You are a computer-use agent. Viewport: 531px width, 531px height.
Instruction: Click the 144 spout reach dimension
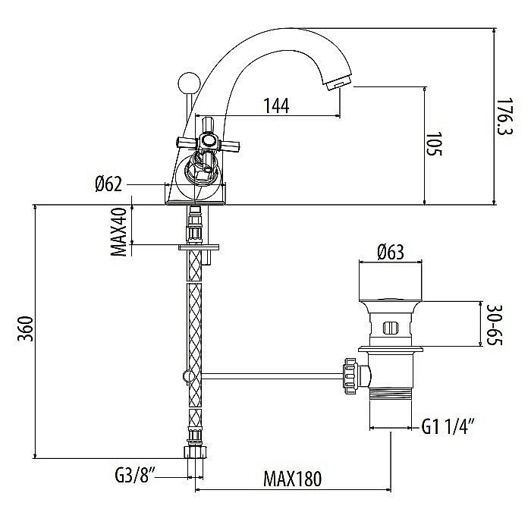276,106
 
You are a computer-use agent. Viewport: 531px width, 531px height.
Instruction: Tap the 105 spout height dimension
434,144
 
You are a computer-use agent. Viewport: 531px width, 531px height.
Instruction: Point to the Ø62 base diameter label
110,184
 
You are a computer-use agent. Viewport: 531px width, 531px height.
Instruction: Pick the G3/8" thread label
134,478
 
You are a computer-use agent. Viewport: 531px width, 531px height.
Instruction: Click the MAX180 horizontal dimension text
293,479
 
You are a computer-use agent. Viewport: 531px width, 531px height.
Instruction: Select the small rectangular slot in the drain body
390,328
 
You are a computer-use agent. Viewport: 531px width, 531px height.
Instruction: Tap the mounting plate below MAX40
199,247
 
